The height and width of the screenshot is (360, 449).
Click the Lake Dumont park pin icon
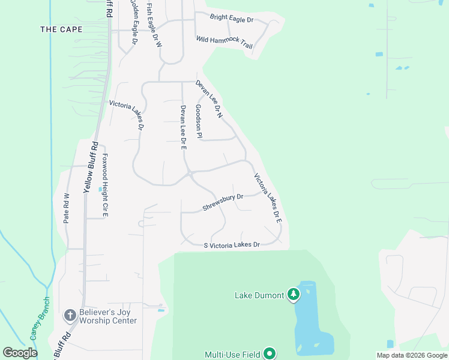[294, 294]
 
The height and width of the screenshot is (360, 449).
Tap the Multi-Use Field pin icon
[270, 354]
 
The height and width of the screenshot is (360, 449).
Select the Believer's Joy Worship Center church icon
[70, 315]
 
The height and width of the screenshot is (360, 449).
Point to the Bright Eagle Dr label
[232, 19]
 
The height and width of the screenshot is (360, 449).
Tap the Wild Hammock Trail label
[224, 41]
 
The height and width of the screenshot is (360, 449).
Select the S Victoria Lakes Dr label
[232, 245]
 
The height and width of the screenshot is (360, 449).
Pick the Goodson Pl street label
[199, 122]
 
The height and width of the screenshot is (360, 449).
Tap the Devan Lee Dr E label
[184, 126]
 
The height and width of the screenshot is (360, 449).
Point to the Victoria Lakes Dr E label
[268, 198]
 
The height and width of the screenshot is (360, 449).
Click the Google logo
[20, 353]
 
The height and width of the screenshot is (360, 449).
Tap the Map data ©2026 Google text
[411, 355]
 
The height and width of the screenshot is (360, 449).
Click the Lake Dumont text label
[259, 295]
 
